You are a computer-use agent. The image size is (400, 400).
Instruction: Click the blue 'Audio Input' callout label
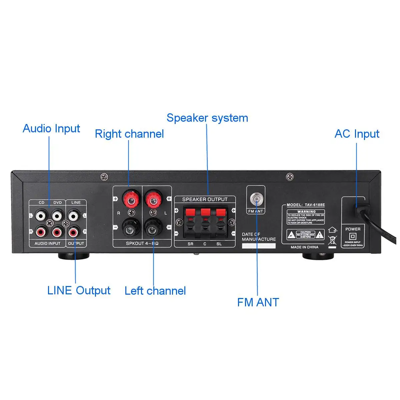[x=51, y=128]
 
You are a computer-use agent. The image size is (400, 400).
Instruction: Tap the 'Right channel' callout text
[x=129, y=134]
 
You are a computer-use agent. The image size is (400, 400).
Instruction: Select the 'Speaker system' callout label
[x=207, y=118]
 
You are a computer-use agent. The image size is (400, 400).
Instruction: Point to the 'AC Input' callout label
[x=357, y=134]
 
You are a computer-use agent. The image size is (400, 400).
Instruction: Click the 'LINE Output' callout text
[x=79, y=290]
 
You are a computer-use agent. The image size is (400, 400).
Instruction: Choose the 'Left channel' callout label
[x=155, y=291]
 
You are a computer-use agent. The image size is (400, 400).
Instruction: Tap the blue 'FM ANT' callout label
[x=258, y=302]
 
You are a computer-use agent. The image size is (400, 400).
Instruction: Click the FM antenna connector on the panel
[x=256, y=199]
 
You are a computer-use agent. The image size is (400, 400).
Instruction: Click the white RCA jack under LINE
[x=73, y=215]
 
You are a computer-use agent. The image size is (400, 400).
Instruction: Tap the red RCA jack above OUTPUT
[x=73, y=231]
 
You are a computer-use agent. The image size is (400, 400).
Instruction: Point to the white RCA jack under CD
[x=41, y=215]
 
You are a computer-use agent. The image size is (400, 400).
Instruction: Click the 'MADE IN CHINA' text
[x=304, y=247]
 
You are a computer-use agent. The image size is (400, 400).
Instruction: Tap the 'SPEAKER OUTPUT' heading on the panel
[x=205, y=199]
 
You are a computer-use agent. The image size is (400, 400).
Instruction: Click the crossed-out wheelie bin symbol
[x=332, y=240]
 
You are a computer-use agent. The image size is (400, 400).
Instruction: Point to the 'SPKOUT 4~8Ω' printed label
[x=142, y=243]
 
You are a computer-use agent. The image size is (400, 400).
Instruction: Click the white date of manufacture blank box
[x=259, y=246]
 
